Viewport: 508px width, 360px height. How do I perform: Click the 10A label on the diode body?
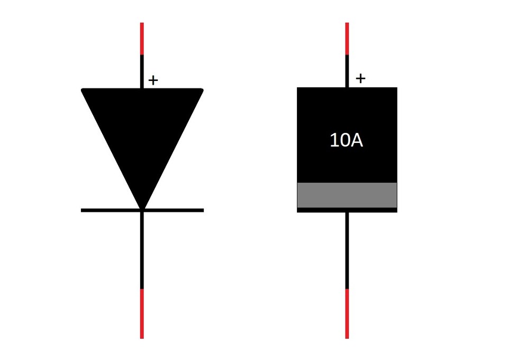click(346, 141)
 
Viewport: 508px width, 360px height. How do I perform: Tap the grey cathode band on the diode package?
click(347, 195)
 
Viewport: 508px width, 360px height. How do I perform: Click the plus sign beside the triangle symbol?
click(153, 80)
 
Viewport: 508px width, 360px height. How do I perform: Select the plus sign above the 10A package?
click(360, 79)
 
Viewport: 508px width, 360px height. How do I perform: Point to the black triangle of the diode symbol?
click(142, 132)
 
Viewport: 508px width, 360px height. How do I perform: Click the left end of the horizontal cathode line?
click(83, 210)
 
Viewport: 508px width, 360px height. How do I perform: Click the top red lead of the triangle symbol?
click(142, 39)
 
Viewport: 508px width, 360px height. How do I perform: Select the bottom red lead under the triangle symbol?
click(142, 313)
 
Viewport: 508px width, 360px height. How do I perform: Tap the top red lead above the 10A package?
click(347, 39)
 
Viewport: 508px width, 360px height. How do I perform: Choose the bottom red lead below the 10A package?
click(347, 313)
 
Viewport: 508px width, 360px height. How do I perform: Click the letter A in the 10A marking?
click(356, 141)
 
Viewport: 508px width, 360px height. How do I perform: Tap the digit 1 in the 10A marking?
click(334, 141)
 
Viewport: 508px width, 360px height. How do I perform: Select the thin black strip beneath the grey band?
click(347, 210)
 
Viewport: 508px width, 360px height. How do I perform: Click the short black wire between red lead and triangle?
click(142, 71)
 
